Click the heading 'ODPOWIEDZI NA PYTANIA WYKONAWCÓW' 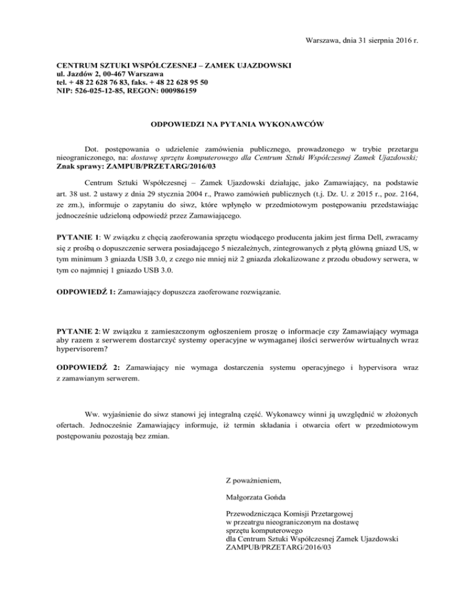[x=237, y=124]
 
